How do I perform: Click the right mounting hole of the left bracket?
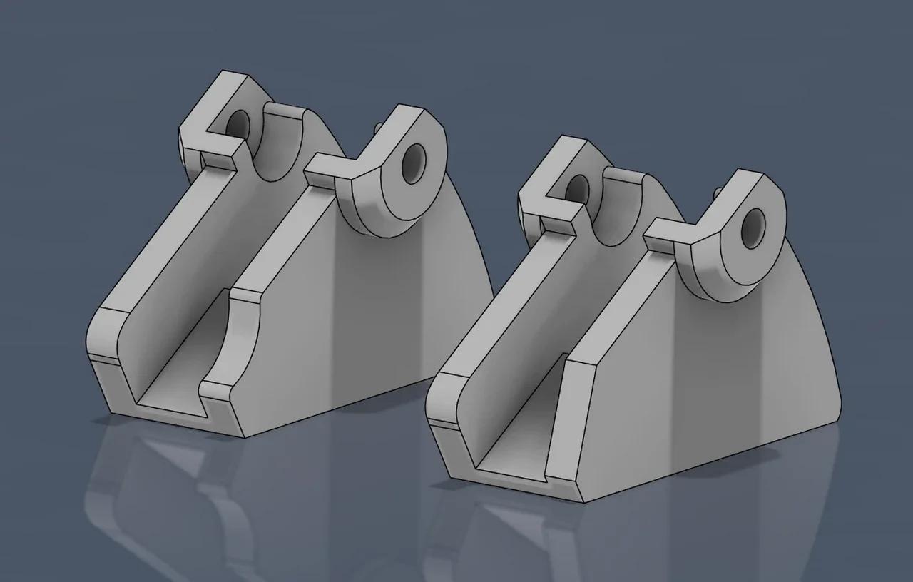[413, 164]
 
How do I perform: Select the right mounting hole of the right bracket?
[751, 228]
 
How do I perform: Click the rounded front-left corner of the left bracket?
[98, 335]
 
